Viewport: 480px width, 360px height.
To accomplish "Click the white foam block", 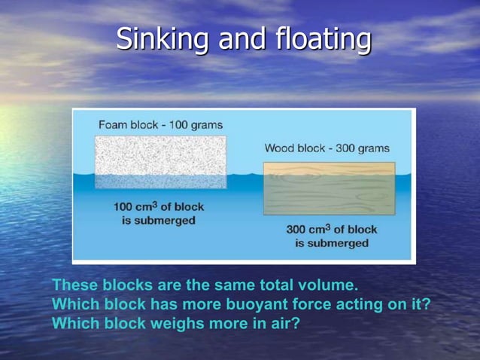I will pos(160,162).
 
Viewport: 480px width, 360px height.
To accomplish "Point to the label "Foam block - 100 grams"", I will pos(160,124).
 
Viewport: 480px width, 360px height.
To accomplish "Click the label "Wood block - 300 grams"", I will pos(327,148).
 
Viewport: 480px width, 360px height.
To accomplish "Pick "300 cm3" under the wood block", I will pos(309,229).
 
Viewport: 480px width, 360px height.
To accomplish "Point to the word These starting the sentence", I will pos(75,286).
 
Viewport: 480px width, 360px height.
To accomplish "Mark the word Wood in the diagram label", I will pos(279,148).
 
